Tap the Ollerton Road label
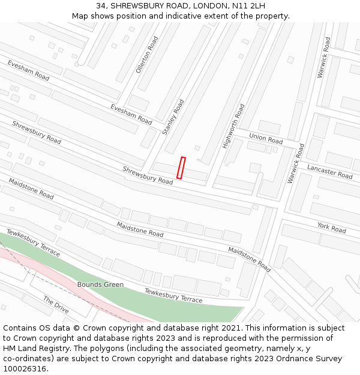pos(147,55)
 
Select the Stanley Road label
pos(173,117)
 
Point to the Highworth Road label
pos(233,126)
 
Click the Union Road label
pos(266,139)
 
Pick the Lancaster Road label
pos(329,171)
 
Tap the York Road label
pos(332,227)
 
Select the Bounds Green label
pos(100,284)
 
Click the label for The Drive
pos(56,305)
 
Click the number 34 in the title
pos(100,6)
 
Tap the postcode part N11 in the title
pos(241,6)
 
